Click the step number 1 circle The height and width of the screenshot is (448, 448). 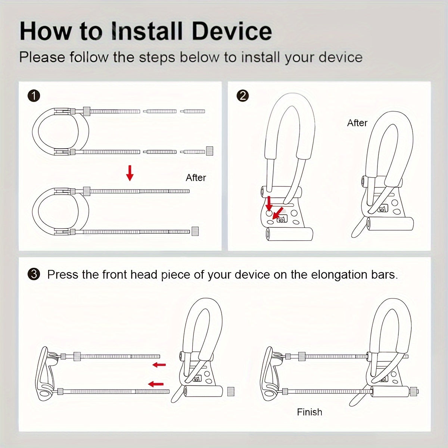click(34, 96)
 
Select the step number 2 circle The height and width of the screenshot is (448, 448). click(243, 96)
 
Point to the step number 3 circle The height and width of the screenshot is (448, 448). click(34, 274)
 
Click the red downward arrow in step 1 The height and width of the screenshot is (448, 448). click(130, 172)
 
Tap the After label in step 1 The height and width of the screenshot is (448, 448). click(196, 178)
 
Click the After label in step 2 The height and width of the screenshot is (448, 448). click(357, 123)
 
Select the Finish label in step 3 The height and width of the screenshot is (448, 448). click(309, 412)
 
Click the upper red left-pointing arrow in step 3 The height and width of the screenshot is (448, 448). click(159, 365)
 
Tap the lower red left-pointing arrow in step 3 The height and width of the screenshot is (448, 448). click(156, 384)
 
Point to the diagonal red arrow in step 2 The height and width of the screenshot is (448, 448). click(277, 214)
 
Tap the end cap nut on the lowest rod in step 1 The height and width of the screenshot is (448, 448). click(195, 231)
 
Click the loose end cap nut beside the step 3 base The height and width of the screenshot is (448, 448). click(230, 391)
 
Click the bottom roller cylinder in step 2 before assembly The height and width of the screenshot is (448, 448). click(289, 234)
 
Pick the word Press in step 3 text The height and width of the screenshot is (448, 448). click(63, 275)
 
